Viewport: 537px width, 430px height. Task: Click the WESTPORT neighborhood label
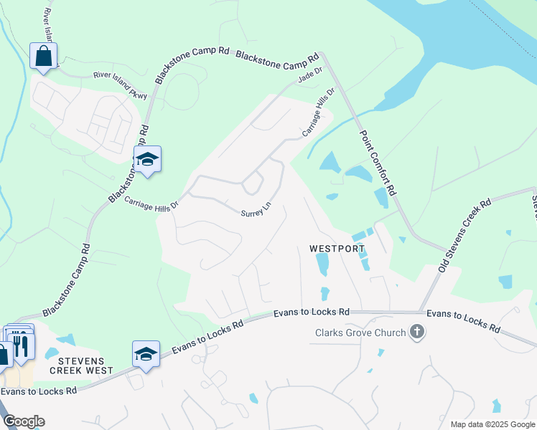334,249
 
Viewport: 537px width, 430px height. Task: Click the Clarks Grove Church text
360,332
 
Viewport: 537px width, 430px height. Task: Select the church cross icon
416,332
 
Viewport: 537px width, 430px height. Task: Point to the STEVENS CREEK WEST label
81,365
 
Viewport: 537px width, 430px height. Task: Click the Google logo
24,421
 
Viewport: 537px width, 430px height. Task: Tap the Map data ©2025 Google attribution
492,424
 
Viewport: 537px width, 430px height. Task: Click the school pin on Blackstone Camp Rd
147,160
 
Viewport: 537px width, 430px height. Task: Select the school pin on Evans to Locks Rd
146,354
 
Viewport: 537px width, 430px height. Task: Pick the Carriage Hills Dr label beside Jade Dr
319,113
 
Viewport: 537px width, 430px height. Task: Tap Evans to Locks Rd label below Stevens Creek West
39,391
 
